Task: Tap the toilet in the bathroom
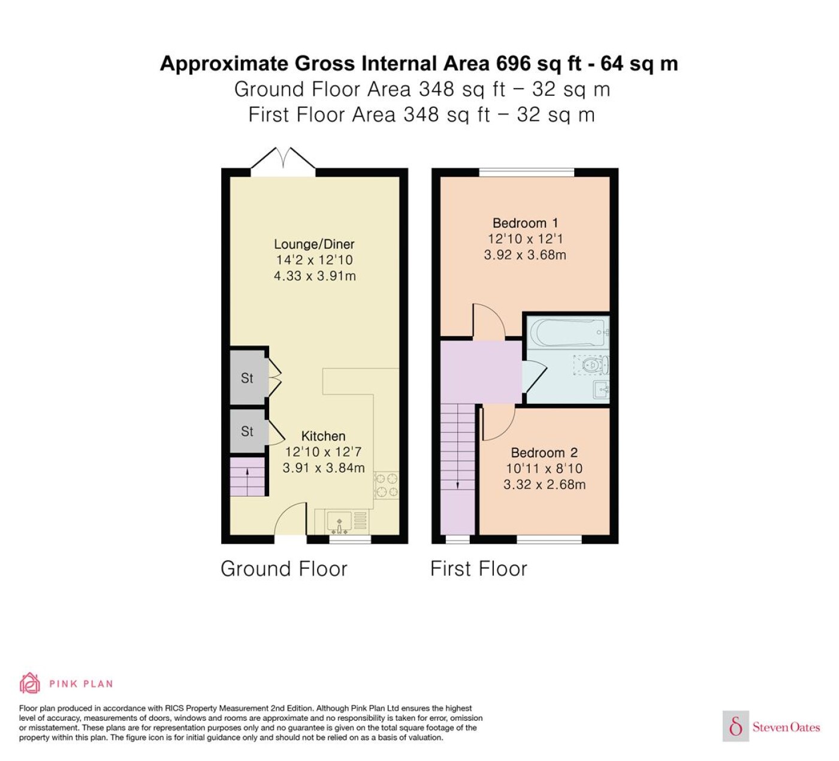594,365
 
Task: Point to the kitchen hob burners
387,485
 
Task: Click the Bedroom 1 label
526,223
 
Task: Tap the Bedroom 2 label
544,452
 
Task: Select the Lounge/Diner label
314,244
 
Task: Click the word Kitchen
323,436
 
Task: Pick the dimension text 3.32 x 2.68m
545,485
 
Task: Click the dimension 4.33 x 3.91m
315,276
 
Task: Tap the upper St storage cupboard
247,378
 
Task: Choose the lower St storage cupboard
247,431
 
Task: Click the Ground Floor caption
284,569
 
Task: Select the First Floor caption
479,569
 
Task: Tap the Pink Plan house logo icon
30,683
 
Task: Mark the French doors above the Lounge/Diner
283,161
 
